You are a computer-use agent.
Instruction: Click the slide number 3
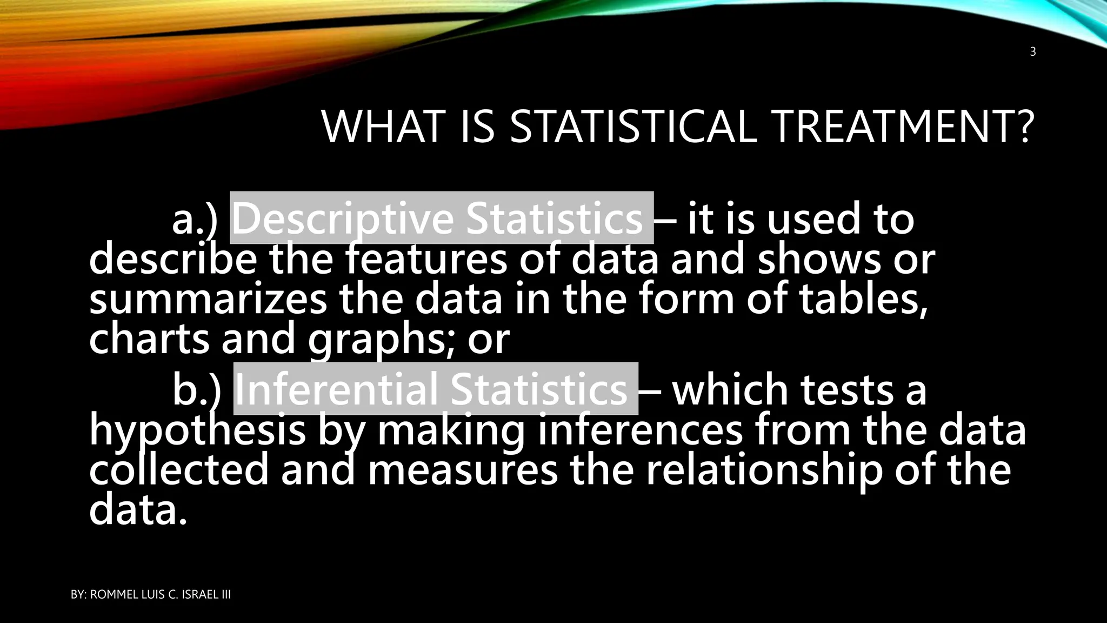pos(1032,52)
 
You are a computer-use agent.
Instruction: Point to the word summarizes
pos(208,301)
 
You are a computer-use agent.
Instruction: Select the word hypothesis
pos(197,432)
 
